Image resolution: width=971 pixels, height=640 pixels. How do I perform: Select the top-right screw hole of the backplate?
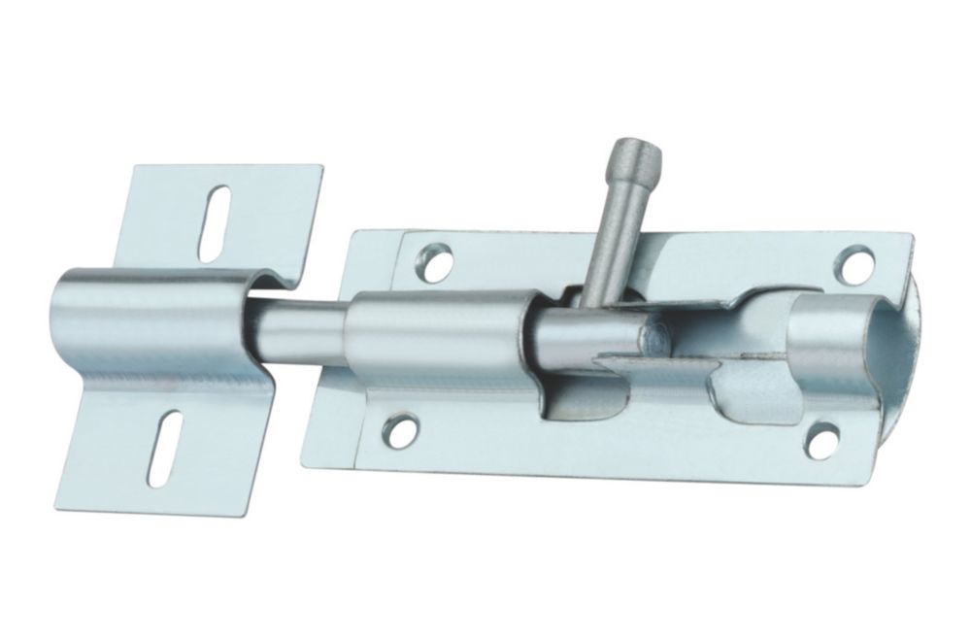click(x=854, y=262)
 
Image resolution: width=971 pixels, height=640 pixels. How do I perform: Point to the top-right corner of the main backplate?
click(x=911, y=234)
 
